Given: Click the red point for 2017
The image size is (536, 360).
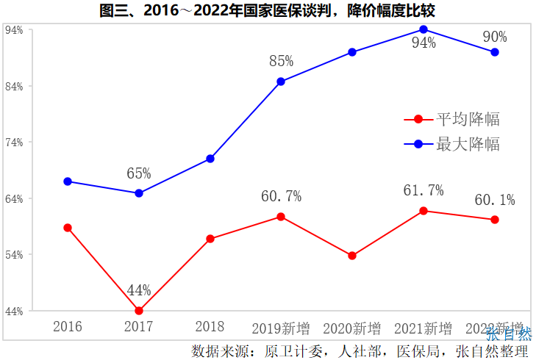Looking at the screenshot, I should pyautogui.click(x=139, y=311).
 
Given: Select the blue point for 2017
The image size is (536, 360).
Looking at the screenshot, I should pyautogui.click(x=139, y=193).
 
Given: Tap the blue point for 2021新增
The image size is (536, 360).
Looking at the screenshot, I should pyautogui.click(x=424, y=29).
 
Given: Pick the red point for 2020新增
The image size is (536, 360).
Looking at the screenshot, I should pyautogui.click(x=352, y=256).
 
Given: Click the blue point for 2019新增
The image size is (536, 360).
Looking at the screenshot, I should pyautogui.click(x=281, y=82).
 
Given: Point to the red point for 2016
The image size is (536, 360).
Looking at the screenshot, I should pyautogui.click(x=68, y=228).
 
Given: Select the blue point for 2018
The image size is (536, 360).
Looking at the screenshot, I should pyautogui.click(x=210, y=159).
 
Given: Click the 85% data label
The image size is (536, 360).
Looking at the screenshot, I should pyautogui.click(x=281, y=60).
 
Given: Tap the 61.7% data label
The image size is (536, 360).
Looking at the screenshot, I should pyautogui.click(x=424, y=190).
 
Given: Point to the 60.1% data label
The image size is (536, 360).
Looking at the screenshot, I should pyautogui.click(x=494, y=200).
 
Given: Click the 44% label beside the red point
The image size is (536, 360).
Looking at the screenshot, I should pyautogui.click(x=139, y=290).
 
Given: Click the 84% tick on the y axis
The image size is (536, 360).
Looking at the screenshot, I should pyautogui.click(x=14, y=87).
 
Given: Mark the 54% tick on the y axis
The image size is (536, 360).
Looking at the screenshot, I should pyautogui.click(x=14, y=255).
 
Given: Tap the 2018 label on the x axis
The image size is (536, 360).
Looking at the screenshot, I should pyautogui.click(x=210, y=327).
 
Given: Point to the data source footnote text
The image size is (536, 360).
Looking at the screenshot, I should pyautogui.click(x=360, y=350).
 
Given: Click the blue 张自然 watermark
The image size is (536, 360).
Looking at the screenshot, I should pyautogui.click(x=508, y=334).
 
